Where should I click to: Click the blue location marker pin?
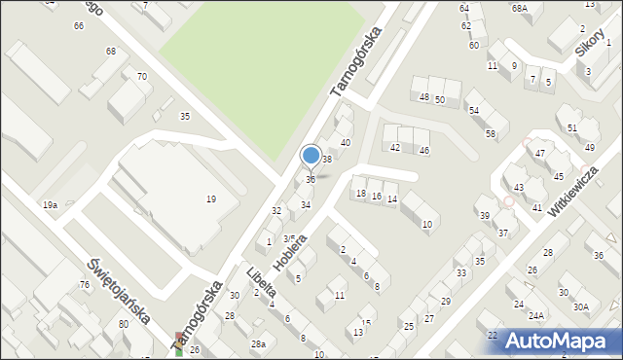pos(311,156)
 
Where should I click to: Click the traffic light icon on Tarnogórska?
pos(178,342)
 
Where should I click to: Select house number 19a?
pos(50,204)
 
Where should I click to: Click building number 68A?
pos(520,8)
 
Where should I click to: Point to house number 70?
pos(142,76)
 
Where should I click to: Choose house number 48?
pos(423,97)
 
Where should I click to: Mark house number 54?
pos(474,111)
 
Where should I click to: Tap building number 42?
pos(395,147)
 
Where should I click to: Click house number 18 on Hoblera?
pos(361,194)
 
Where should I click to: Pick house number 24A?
pos(536,315)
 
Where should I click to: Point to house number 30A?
pos(581,306)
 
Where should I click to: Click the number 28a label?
pos(257,344)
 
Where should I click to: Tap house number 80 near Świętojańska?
pos(123,323)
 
